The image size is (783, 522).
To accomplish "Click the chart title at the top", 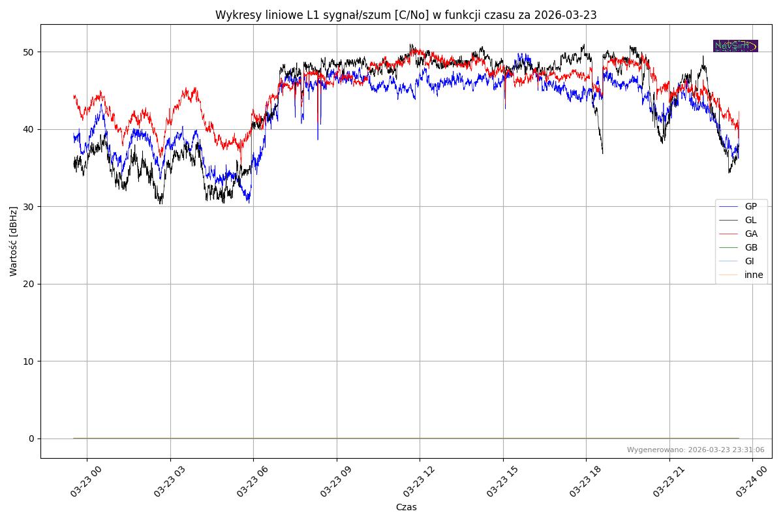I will pos(406,15).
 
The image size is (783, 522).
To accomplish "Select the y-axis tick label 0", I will pos(31,438).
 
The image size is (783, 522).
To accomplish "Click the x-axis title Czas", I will pos(406,507).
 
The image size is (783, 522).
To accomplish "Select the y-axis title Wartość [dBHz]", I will pos(14,241).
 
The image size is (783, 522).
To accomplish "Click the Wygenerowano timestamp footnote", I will pos(696,450).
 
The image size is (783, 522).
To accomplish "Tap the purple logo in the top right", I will pos(735,46).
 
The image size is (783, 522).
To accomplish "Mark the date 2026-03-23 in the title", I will pos(565,15).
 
